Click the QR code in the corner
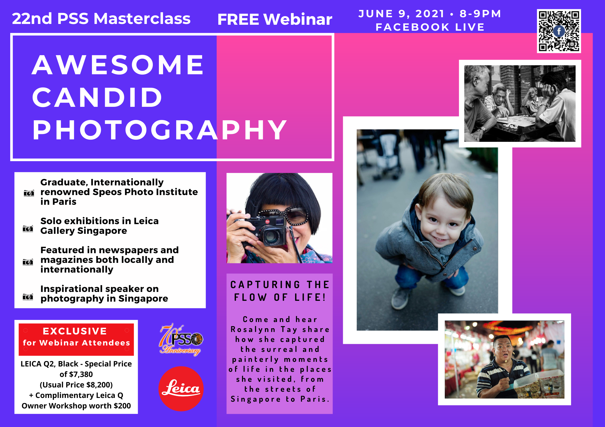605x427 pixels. tap(559, 31)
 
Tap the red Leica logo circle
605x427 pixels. tap(181, 389)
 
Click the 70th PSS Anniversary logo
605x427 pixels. tap(181, 340)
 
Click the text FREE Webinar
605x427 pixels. tap(275, 19)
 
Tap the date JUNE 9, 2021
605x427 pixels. tap(401, 14)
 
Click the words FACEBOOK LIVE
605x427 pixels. tap(430, 27)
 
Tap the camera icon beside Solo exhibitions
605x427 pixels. tap(28, 228)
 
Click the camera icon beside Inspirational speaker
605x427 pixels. tap(28, 297)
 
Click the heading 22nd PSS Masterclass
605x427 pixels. tap(101, 19)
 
